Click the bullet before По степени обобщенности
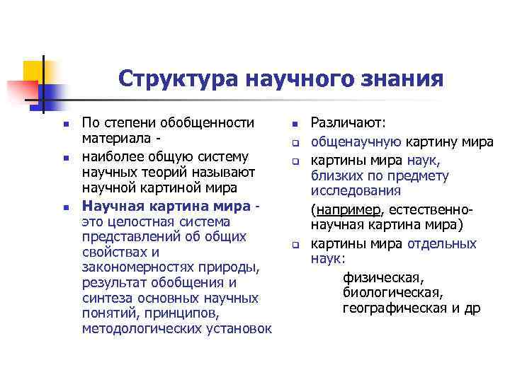coord(64,125)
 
